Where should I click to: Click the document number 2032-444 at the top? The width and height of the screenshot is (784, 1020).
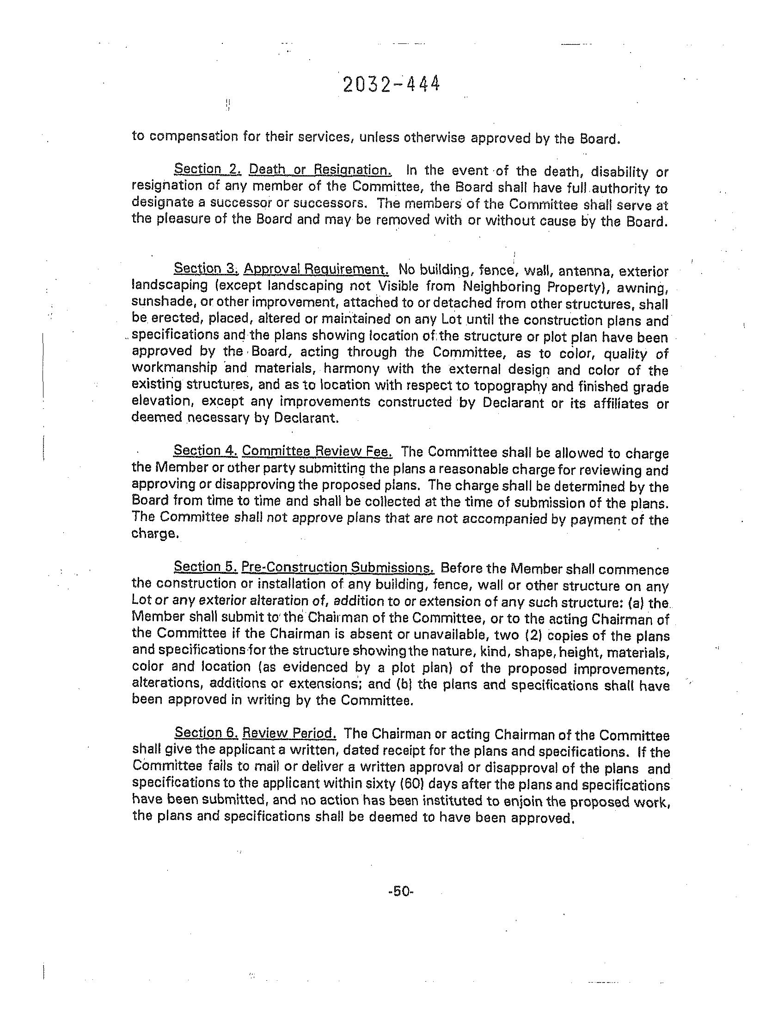(391, 85)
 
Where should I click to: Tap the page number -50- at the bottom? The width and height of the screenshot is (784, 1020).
(401, 891)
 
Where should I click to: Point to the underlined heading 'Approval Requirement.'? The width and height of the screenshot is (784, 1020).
(316, 269)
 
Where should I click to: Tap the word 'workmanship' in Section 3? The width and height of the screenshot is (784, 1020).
(175, 368)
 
